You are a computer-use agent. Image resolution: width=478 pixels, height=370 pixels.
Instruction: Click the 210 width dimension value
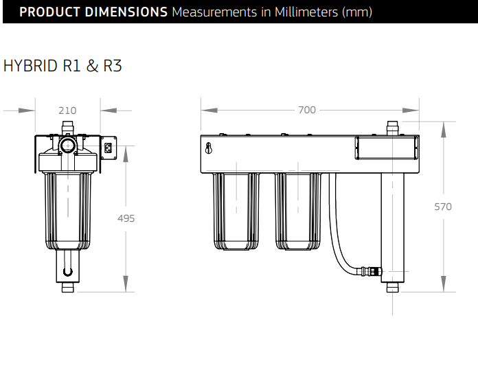(67, 111)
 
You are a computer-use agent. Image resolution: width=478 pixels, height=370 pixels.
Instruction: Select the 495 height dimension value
(126, 218)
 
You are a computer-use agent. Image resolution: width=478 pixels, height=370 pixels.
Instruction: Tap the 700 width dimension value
(307, 110)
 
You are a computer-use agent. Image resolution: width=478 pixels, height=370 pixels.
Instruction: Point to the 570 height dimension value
(443, 207)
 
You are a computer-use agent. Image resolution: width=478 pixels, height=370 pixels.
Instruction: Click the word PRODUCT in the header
(49, 12)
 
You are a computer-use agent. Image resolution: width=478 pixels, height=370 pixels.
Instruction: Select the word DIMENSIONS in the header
(126, 12)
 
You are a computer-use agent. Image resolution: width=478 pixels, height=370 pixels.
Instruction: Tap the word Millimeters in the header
(306, 12)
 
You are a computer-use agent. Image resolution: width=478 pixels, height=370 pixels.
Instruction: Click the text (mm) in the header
(357, 12)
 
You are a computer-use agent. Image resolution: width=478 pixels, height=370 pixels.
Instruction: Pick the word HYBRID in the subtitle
(30, 66)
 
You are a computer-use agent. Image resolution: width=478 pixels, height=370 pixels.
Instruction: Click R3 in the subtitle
(113, 66)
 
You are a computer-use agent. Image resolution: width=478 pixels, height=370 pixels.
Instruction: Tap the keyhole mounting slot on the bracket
(209, 148)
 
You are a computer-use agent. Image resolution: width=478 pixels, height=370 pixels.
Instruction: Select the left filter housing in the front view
(236, 211)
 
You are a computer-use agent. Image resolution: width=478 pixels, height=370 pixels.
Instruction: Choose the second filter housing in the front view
(298, 211)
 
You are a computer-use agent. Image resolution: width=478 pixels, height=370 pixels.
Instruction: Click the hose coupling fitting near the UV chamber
(371, 271)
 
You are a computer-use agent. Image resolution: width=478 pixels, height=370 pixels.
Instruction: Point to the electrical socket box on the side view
(109, 148)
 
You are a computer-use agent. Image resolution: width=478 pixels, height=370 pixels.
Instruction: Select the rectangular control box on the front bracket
(386, 148)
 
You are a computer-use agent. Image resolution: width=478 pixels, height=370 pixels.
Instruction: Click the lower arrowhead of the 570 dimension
(443, 284)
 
